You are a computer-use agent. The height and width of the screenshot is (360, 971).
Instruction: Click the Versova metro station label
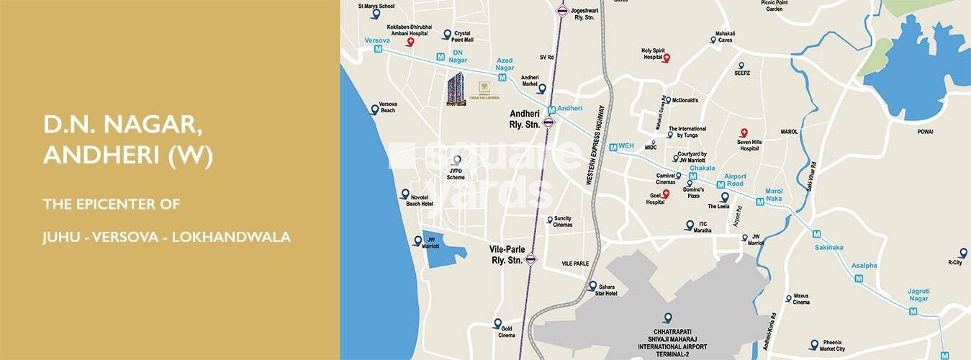[x=377, y=40]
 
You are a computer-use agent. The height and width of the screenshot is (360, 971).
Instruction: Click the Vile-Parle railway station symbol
[x=531, y=259]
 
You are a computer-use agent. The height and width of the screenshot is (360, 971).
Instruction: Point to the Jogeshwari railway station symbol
[x=562, y=11]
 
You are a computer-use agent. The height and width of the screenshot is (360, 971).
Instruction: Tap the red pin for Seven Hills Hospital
[x=745, y=133]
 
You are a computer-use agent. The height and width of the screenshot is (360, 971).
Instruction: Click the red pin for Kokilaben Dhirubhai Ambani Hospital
[x=410, y=42]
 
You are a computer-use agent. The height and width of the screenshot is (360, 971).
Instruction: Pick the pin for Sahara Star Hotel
[x=592, y=285]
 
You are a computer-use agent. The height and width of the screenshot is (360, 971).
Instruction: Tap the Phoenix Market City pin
[x=813, y=344]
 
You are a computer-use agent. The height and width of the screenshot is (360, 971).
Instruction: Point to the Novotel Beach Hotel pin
[x=405, y=194]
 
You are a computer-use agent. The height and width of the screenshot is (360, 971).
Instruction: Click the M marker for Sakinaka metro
[x=816, y=234]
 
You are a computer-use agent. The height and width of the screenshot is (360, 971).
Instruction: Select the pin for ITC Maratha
[x=689, y=225]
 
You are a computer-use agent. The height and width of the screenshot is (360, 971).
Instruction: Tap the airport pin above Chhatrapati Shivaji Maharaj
[x=667, y=318]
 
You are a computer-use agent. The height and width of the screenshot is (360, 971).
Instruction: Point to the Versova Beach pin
[x=374, y=109]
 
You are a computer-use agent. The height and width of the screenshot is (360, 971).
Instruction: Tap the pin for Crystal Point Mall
[x=446, y=34]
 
